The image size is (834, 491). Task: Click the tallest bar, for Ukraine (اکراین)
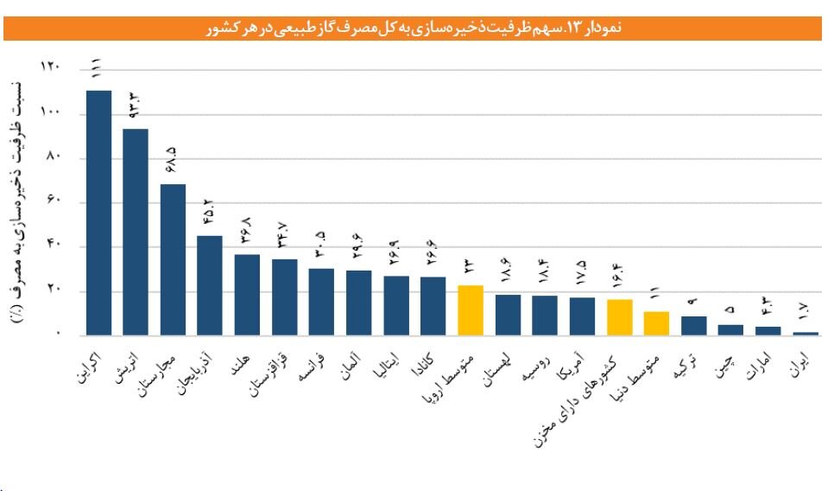click(99, 212)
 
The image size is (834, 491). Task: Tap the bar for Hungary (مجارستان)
click(174, 259)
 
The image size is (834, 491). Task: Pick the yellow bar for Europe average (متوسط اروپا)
click(471, 309)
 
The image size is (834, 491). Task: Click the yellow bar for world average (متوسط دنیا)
click(656, 322)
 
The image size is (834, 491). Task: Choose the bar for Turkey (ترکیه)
click(693, 325)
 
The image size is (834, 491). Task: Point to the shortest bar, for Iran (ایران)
click(805, 333)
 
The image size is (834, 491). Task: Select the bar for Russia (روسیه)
click(545, 315)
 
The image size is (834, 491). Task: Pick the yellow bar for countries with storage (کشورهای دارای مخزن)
click(619, 316)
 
